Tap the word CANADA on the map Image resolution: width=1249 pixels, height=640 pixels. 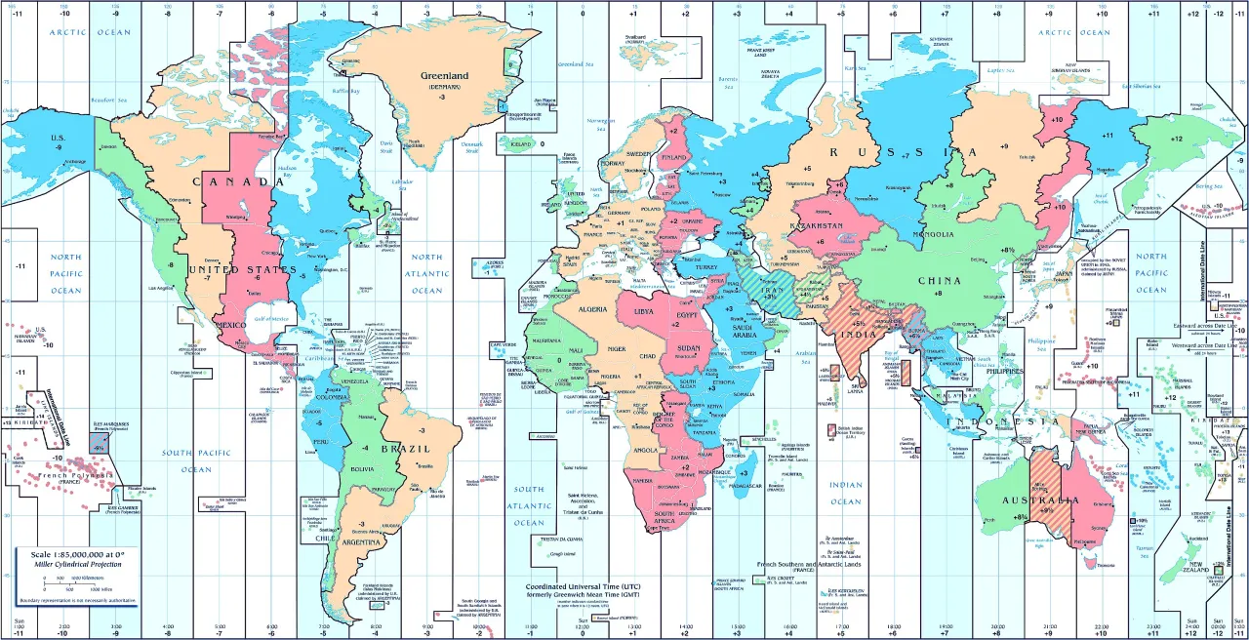pos(231,182)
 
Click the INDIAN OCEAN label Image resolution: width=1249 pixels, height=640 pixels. pos(846,493)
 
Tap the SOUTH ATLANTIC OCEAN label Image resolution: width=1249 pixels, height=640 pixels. pos(529,505)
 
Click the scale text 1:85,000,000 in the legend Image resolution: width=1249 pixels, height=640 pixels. pos(71,553)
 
